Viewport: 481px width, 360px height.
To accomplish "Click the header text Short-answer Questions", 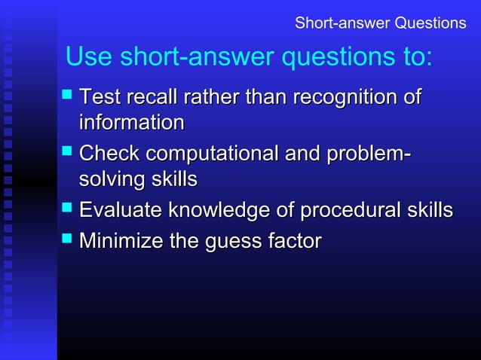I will click(x=380, y=23).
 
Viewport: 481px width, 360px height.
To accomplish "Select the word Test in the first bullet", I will click(x=102, y=98).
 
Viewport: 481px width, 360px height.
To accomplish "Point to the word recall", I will click(x=155, y=98).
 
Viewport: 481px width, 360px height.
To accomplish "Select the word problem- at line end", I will click(x=369, y=154).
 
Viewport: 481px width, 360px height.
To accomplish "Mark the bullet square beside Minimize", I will click(x=67, y=239).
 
